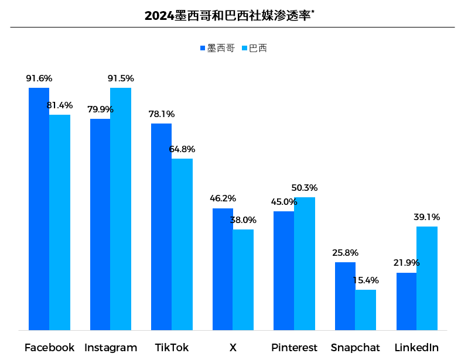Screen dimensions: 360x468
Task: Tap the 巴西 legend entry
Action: [254, 48]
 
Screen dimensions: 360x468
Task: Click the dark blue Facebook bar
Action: [39, 209]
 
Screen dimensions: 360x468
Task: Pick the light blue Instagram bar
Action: [121, 209]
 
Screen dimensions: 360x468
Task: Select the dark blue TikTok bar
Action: [161, 227]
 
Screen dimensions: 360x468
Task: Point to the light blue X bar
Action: [243, 280]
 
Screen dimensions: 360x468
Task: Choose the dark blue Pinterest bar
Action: [283, 270]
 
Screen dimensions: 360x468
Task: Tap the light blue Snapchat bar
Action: [365, 310]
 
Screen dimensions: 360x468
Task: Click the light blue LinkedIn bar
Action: [427, 278]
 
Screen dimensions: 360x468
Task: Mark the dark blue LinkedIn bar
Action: [406, 301]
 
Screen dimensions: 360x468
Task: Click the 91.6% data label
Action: [39, 78]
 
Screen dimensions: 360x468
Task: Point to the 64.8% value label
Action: [182, 149]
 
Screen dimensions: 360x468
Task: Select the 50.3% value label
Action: [305, 188]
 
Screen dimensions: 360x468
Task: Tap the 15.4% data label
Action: [365, 280]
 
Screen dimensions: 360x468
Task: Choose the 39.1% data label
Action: [426, 217]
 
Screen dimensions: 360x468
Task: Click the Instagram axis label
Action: [111, 348]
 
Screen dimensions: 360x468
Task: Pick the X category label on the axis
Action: [233, 348]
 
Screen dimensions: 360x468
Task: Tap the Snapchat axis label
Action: [355, 348]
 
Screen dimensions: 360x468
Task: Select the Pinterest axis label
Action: [294, 348]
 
